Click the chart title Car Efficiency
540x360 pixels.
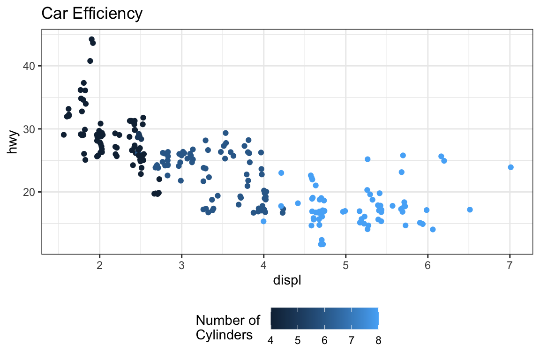click(x=91, y=14)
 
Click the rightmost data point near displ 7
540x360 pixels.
click(x=511, y=167)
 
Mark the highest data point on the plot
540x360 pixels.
click(x=91, y=39)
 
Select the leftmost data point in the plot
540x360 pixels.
click(x=64, y=135)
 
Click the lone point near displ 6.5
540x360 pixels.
click(x=470, y=210)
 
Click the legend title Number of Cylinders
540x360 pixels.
click(x=228, y=328)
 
